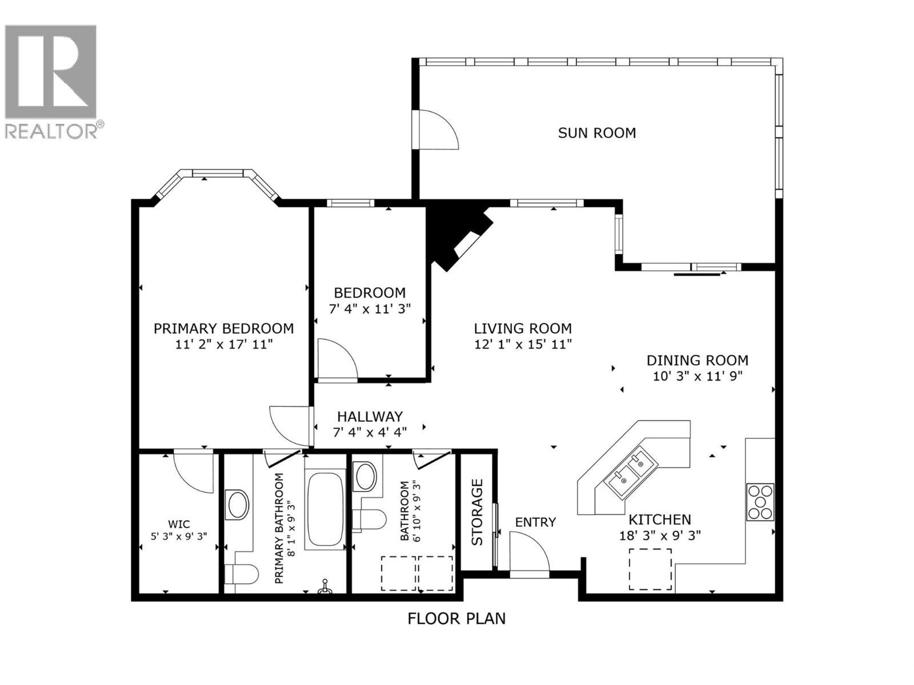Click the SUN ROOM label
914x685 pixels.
[596, 133]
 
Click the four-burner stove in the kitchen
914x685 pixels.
[760, 502]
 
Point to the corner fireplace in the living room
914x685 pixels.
[457, 234]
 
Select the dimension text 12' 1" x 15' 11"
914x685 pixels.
[523, 344]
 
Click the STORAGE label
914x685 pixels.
[478, 512]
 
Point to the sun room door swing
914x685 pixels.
[437, 130]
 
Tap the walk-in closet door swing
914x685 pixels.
[193, 471]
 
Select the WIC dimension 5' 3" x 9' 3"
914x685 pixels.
[179, 536]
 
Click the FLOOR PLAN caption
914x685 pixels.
[456, 618]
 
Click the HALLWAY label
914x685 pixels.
[370, 417]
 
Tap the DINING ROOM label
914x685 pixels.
[697, 360]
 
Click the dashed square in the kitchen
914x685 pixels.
[650, 569]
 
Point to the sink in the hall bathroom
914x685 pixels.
[365, 477]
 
